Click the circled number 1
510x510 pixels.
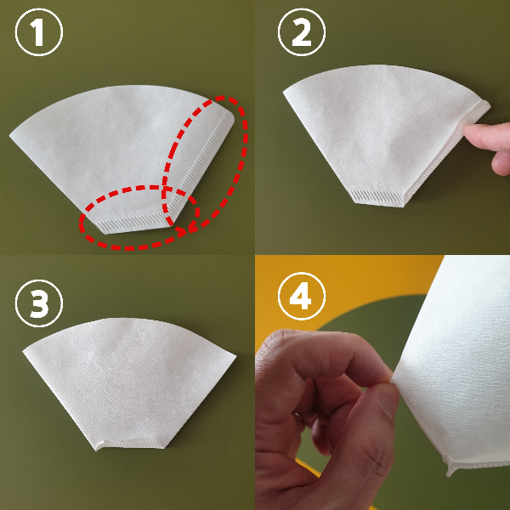click(x=39, y=32)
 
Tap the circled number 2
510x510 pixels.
click(x=302, y=32)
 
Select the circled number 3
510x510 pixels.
click(x=39, y=303)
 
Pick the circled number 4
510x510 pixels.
click(x=302, y=296)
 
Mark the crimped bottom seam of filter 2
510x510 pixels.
click(x=378, y=197)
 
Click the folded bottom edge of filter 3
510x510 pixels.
click(x=130, y=445)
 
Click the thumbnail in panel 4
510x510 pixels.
click(x=388, y=400)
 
